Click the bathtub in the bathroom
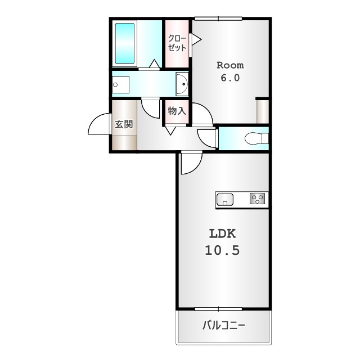tap(125, 43)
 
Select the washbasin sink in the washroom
tap(182, 84)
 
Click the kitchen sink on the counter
tap(225, 199)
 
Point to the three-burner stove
tap(257, 199)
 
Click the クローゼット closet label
tap(177, 43)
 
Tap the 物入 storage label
tap(177, 111)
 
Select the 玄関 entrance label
tap(124, 124)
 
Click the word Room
tap(230, 65)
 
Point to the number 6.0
tap(230, 78)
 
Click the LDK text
tap(223, 234)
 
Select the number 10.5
tap(222, 250)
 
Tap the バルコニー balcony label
tap(224, 325)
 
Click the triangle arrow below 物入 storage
tap(170, 130)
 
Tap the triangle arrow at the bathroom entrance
tap(154, 64)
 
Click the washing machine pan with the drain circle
tap(120, 84)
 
